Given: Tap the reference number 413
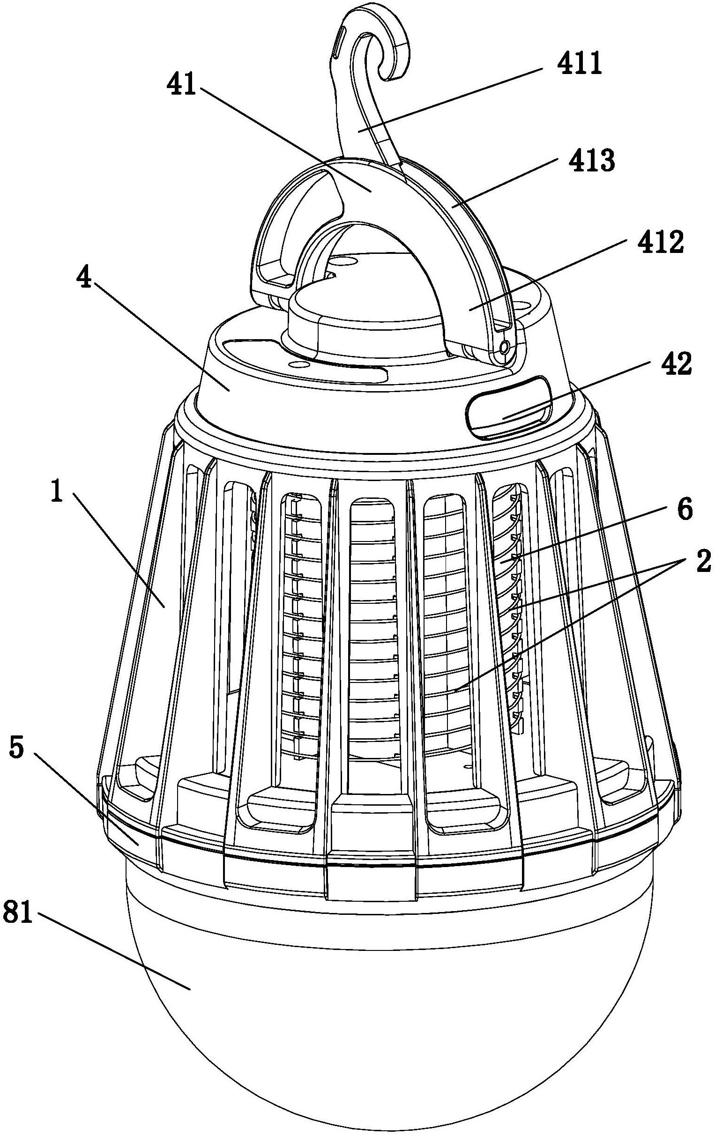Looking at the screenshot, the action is [591, 161].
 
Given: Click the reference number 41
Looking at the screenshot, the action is [181, 86].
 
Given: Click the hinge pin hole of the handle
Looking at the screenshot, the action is [505, 348].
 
